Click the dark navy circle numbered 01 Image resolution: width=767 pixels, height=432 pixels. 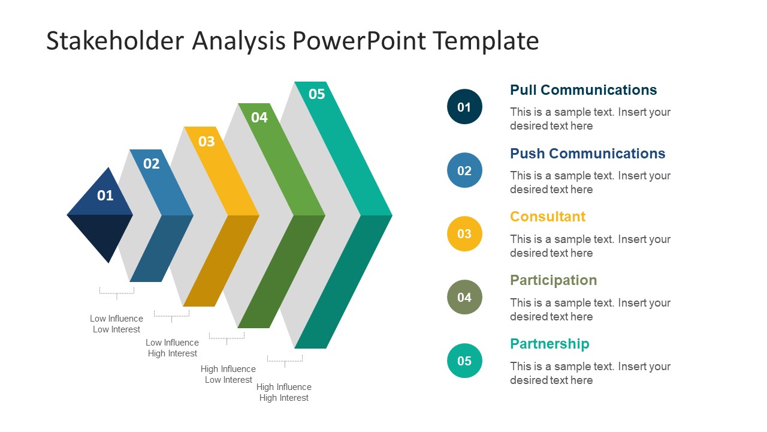click(x=464, y=107)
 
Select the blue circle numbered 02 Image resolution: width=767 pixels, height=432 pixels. click(x=464, y=170)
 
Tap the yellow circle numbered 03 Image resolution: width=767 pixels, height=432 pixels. click(x=464, y=234)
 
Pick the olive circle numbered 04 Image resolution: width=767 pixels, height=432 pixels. click(x=464, y=297)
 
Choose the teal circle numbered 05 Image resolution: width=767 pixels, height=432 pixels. click(x=464, y=361)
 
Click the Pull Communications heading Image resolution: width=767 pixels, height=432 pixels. click(x=583, y=90)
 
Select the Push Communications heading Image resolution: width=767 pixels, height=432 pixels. click(x=587, y=154)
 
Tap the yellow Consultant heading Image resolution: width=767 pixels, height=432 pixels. click(x=547, y=217)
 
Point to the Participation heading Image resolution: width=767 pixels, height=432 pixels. click(x=553, y=280)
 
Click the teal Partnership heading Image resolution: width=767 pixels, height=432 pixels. click(x=549, y=344)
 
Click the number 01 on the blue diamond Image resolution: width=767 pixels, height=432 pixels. click(x=105, y=195)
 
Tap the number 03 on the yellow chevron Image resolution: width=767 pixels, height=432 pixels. click(x=206, y=142)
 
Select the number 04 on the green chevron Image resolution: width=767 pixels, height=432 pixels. click(x=259, y=118)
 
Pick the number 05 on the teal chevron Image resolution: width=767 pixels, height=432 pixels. click(x=316, y=94)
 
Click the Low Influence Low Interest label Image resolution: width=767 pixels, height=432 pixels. click(x=116, y=324)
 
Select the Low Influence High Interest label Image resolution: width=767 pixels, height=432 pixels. click(x=172, y=348)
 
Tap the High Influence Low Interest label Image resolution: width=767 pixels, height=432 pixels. click(x=228, y=374)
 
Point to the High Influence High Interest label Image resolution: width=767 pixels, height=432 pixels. click(x=284, y=392)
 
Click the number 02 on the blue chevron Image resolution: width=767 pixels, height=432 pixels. click(x=152, y=164)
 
